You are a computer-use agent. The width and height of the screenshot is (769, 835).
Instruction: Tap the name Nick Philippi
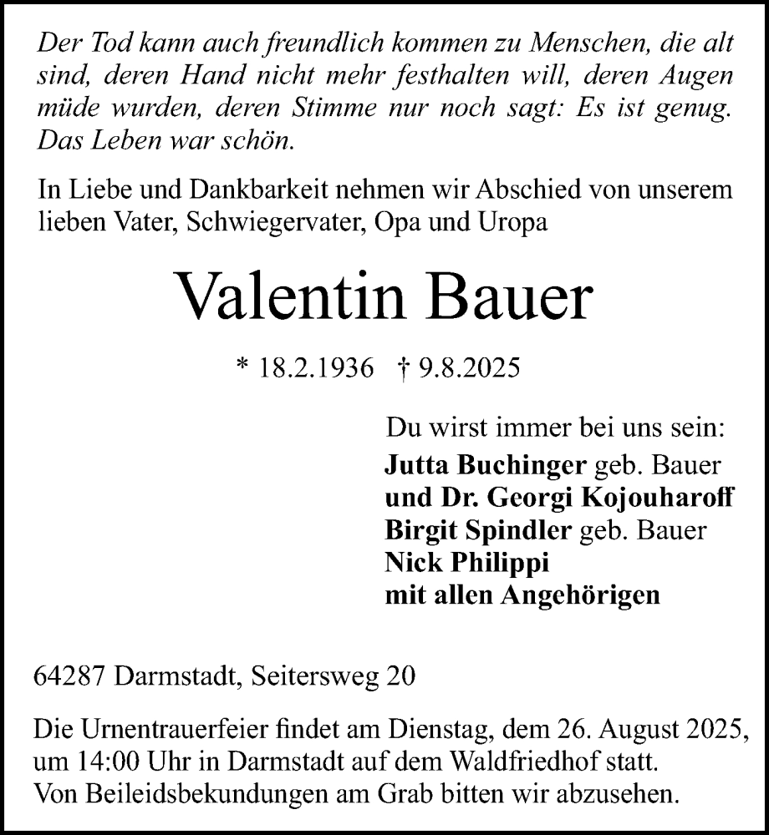coord(465,563)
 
